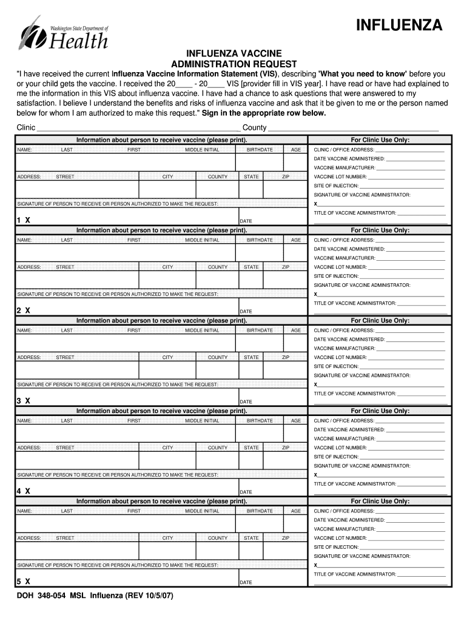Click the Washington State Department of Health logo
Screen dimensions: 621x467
(x=64, y=33)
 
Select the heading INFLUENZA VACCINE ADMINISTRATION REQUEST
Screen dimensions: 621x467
(x=233, y=59)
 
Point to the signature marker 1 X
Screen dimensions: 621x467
(x=24, y=220)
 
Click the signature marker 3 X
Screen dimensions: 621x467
(x=24, y=401)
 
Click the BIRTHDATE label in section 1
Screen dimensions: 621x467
(x=260, y=150)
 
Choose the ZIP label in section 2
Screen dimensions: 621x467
(x=286, y=267)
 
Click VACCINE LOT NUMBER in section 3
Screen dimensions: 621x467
(x=340, y=357)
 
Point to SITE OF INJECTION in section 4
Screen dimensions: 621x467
(x=336, y=457)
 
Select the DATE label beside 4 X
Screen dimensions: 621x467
(x=246, y=492)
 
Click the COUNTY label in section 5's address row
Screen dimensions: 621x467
(x=218, y=538)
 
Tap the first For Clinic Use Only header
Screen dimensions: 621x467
(x=380, y=140)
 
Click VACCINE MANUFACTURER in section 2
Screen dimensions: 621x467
(x=344, y=258)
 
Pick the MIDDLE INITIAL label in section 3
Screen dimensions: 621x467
(x=202, y=331)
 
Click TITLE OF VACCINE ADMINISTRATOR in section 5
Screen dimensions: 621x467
(x=355, y=574)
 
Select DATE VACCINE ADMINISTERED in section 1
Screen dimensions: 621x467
(x=349, y=159)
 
